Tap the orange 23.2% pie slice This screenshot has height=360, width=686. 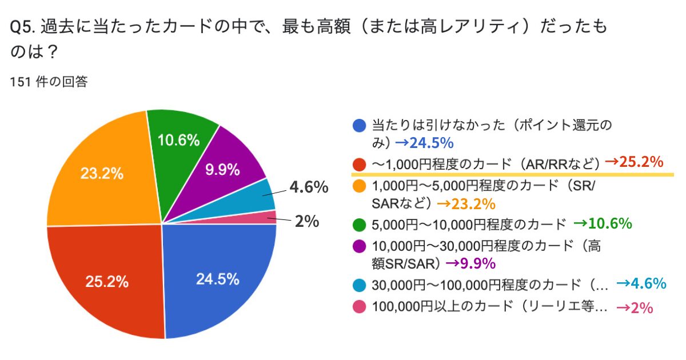(103, 174)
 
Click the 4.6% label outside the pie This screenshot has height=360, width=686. (308, 187)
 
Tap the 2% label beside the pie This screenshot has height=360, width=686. (306, 222)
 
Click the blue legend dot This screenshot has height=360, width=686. (360, 125)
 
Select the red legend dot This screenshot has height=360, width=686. (360, 164)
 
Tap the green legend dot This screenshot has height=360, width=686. (360, 224)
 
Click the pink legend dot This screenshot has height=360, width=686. (360, 307)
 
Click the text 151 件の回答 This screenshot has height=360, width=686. (49, 82)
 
